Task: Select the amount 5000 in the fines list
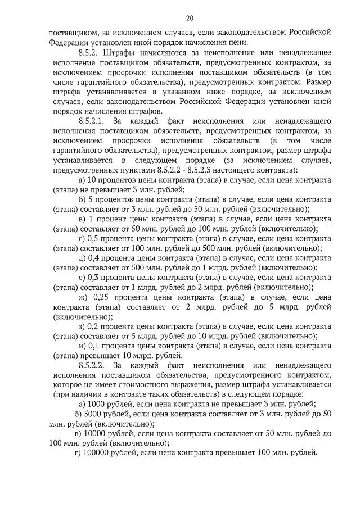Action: point(93,414)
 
